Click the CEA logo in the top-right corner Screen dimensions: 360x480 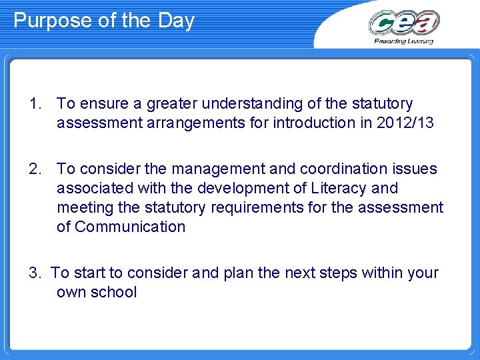click(x=404, y=23)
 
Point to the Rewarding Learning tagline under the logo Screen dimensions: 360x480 click(x=404, y=41)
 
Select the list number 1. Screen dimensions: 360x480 click(x=35, y=104)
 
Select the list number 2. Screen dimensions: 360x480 click(x=35, y=169)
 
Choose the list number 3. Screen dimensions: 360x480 click(x=35, y=273)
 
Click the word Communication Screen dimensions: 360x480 click(x=130, y=227)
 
